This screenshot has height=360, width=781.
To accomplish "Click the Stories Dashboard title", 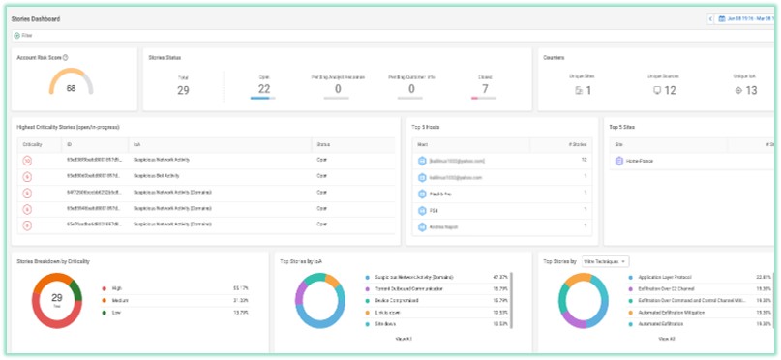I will [x=38, y=19].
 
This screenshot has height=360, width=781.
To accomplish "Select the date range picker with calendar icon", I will [x=745, y=18].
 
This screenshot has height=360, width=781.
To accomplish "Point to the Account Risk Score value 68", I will [x=71, y=88].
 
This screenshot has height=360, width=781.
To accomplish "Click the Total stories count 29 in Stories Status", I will [x=183, y=90].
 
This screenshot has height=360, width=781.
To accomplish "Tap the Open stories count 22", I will [x=264, y=89].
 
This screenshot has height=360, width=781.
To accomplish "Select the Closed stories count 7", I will [x=485, y=89].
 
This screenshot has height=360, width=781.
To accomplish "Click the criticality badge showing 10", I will [x=28, y=160].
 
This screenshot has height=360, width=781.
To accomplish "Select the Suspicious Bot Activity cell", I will [x=161, y=176].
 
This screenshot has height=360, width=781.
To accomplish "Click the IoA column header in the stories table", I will [x=137, y=143].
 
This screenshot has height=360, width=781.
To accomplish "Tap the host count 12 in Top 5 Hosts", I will [x=584, y=160].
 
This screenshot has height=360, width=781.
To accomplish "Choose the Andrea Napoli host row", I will [x=447, y=226].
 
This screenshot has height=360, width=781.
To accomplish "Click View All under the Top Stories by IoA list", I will [x=405, y=339].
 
